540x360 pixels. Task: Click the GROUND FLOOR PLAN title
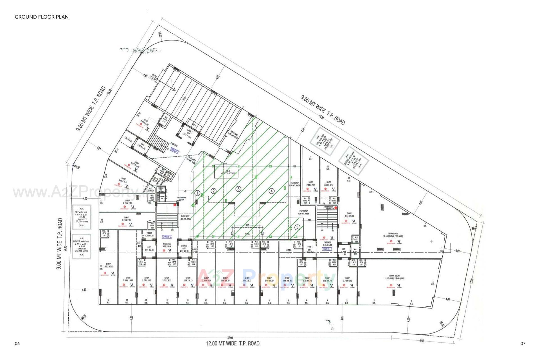click(42, 17)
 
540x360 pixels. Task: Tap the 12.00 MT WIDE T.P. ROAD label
click(233, 343)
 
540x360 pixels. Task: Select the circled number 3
click(238, 189)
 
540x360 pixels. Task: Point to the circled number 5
click(297, 227)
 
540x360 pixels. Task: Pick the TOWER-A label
click(167, 237)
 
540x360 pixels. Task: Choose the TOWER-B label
click(327, 249)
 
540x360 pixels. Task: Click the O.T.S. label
click(247, 234)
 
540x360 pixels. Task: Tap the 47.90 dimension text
click(230, 338)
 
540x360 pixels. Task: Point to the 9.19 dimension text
click(422, 341)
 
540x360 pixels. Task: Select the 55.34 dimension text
click(321, 118)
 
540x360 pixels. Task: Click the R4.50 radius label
click(77, 167)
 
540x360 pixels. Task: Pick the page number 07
click(523, 343)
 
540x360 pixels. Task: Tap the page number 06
click(17, 343)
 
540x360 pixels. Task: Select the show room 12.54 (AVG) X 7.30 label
click(393, 235)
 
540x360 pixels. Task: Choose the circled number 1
click(197, 193)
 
